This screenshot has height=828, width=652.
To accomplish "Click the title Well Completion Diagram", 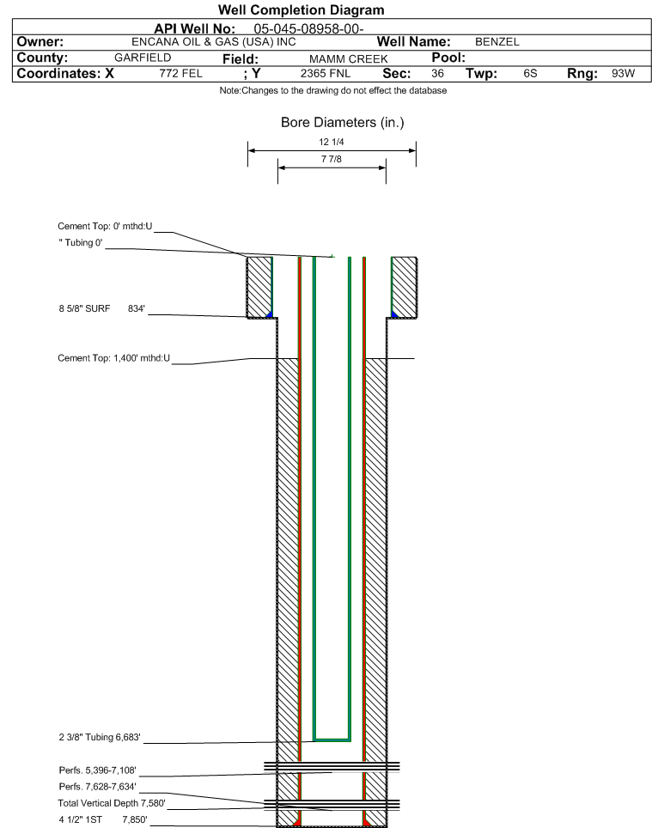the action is pos(301,10).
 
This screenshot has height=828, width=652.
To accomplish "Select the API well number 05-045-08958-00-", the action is pos(308,28).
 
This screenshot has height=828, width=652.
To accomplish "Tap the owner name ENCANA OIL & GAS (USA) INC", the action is pos(214,42).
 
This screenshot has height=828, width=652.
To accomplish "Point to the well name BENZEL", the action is pos(497,42).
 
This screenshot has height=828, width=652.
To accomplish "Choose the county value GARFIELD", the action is pos(143,58).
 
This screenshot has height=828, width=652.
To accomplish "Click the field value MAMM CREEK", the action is pos(349,58).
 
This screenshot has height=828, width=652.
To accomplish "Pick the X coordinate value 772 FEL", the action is pos(180,73).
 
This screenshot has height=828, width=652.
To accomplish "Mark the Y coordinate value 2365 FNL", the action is pos(326,73).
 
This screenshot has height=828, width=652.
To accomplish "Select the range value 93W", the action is pos(623,73).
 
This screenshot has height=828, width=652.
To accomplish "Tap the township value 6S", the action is pos(530,73).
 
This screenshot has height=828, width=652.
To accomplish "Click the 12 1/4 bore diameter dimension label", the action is pos(332,142).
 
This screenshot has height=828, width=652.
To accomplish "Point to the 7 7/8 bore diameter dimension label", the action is pos(332,159).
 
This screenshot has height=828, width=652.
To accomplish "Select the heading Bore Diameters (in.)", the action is pos(342,123).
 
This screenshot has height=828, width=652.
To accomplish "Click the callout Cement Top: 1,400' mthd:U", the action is pos(114,358).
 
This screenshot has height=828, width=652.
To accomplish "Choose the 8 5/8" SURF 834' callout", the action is pos(102,308).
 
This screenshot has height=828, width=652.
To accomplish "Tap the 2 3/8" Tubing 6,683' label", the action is pos(100,737).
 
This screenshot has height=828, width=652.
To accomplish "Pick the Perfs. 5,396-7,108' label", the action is pos(98,770).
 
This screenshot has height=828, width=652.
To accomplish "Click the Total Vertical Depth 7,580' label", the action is pos(112,803).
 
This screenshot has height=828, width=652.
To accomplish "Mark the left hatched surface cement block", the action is pos(259,287).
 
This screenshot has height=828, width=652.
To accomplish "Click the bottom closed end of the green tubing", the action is pos(332,740).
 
